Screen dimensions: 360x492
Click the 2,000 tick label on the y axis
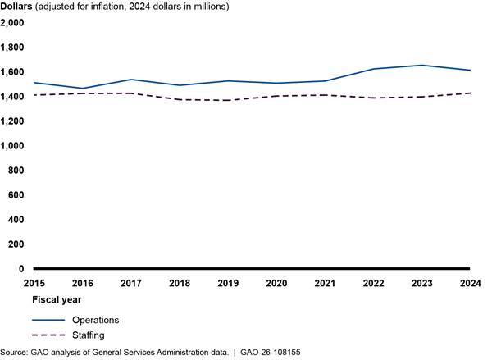pyautogui.click(x=13, y=23)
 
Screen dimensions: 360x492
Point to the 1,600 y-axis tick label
pyautogui.click(x=13, y=72)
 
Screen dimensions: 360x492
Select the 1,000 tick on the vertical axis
pyautogui.click(x=13, y=146)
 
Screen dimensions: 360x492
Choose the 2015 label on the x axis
pyautogui.click(x=34, y=283)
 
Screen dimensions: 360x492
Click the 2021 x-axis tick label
pyautogui.click(x=324, y=283)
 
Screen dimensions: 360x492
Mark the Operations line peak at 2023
pyautogui.click(x=421, y=66)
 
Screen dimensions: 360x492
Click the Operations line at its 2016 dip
pyautogui.click(x=83, y=89)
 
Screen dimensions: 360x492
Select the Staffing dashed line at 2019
pyautogui.click(x=227, y=100)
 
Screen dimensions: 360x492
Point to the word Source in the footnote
pyautogui.click(x=13, y=353)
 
